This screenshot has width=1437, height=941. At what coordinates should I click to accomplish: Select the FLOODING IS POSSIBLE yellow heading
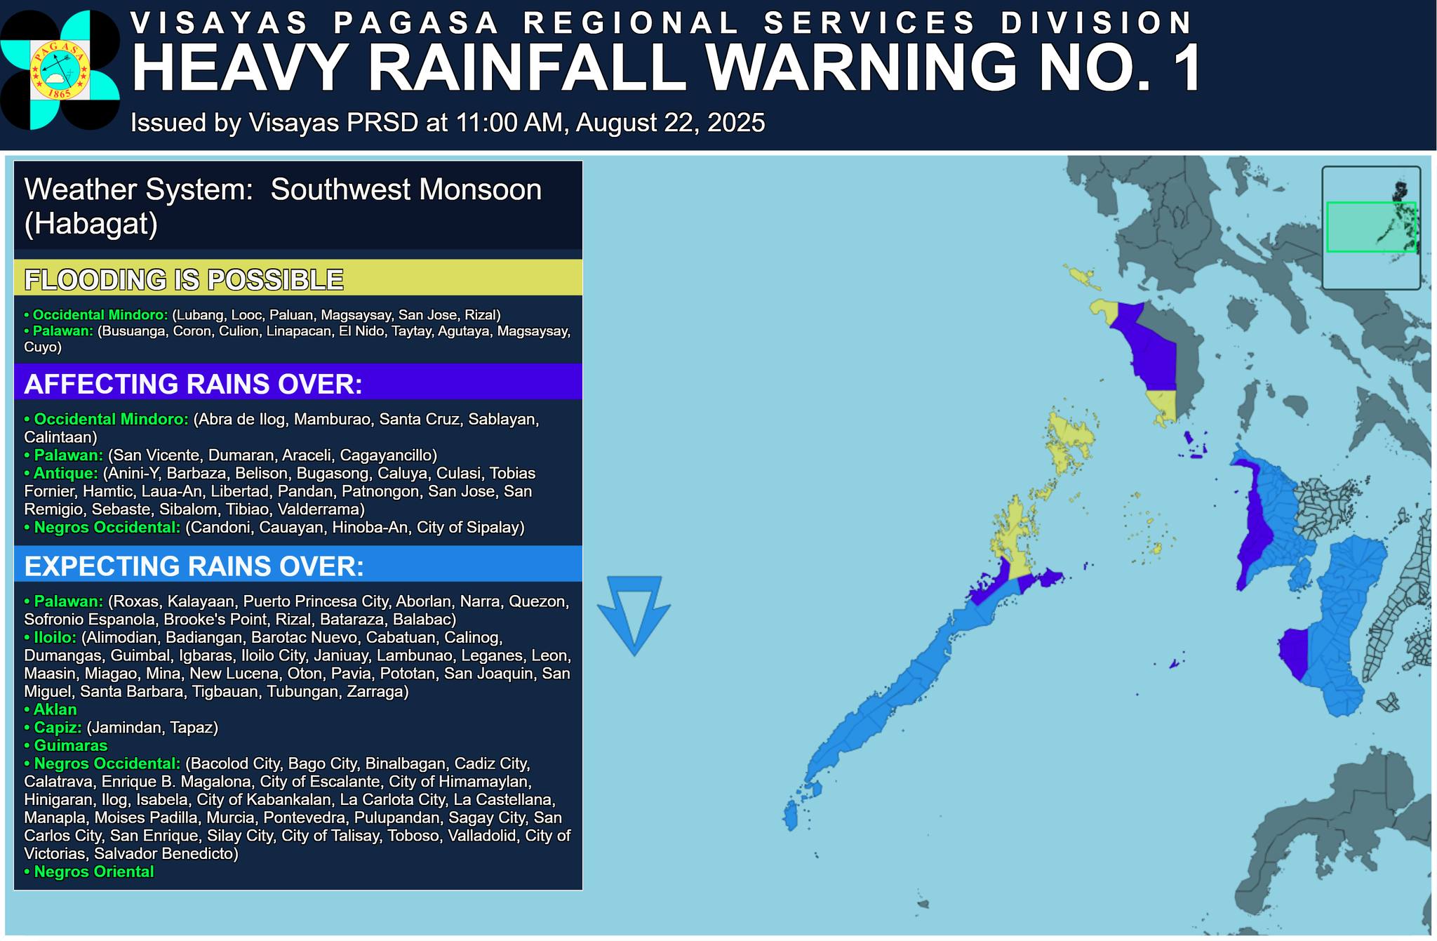[184, 279]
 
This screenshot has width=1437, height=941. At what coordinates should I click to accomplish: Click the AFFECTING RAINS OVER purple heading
[193, 384]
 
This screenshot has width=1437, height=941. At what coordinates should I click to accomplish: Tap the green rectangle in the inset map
[1370, 227]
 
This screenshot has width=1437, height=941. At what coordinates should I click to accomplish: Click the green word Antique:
[65, 473]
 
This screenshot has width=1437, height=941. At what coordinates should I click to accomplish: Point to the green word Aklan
[55, 709]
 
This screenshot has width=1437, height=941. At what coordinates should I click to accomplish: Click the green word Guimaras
[70, 745]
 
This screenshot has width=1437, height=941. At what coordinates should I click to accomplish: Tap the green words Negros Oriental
[93, 872]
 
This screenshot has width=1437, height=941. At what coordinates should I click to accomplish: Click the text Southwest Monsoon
[406, 189]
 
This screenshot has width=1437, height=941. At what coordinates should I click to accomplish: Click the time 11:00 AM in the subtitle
[509, 123]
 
